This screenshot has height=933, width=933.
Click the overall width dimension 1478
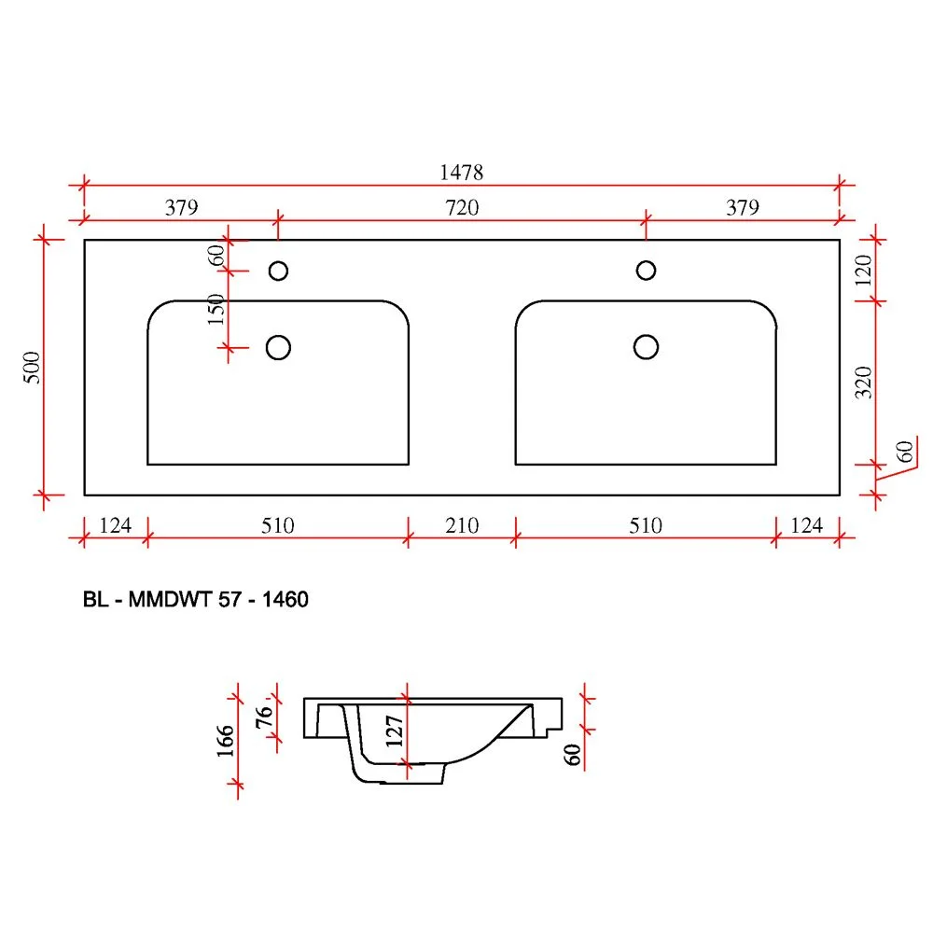click(461, 173)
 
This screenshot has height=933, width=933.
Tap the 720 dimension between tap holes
click(462, 208)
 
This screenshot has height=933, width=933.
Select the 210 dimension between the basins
click(462, 525)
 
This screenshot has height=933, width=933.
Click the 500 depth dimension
click(32, 367)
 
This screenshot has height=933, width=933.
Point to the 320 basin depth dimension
click(863, 382)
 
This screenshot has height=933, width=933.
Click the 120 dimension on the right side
click(863, 271)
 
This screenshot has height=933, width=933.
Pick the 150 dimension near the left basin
click(216, 309)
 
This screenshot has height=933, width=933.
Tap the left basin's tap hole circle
click(278, 271)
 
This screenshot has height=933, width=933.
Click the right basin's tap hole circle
click(647, 271)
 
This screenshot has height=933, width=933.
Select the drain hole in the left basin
click(278, 347)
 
